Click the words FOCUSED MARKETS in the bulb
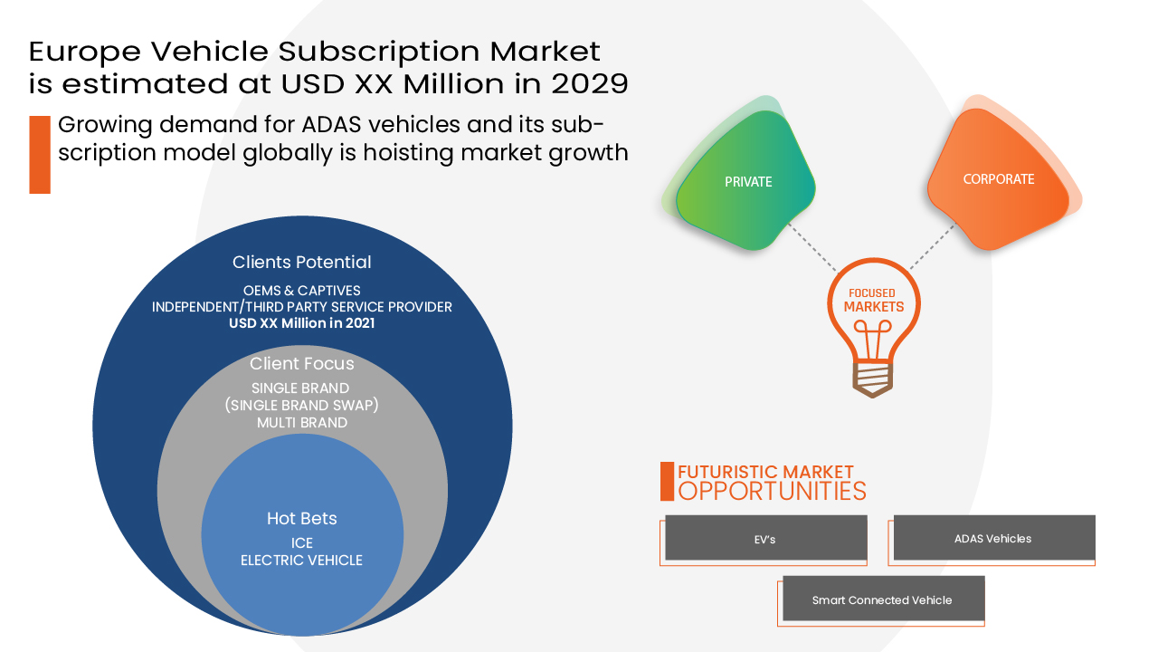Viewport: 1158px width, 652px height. coord(873,300)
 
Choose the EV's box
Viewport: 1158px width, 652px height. coord(765,539)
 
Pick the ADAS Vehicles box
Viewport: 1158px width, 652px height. coord(993,539)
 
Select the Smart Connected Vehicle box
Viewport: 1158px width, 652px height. coord(882,599)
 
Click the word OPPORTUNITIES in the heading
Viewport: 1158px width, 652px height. coord(772,492)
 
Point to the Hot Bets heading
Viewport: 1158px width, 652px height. coord(301,518)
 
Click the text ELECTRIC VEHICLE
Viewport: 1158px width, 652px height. coord(301,561)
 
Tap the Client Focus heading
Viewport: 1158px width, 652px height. coord(301,364)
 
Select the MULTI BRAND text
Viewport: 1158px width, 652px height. coord(301,422)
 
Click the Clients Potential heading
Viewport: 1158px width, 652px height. coord(301,263)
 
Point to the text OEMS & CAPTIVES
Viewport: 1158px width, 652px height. coord(301,291)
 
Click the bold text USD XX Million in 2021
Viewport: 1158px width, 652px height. coord(301,322)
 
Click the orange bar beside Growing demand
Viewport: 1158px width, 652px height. coord(40,154)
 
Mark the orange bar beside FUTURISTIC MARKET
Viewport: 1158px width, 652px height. coord(667,481)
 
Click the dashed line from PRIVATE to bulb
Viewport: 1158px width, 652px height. coord(812,246)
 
